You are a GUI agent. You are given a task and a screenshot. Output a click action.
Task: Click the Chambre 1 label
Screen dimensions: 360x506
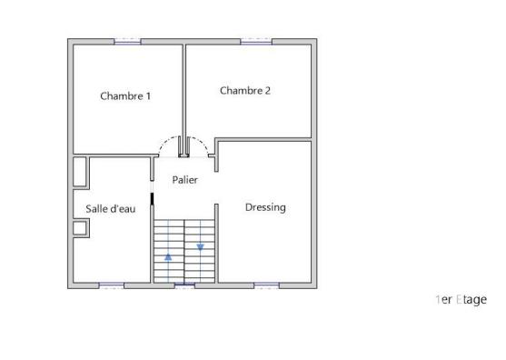[125, 95]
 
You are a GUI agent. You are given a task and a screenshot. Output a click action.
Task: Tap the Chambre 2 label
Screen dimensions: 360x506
[245, 90]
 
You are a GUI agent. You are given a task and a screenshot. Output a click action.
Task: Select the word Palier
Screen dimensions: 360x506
[185, 180]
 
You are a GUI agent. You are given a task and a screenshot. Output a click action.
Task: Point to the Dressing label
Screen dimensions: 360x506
[265, 207]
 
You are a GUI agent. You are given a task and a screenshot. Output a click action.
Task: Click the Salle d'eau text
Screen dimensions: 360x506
[111, 209]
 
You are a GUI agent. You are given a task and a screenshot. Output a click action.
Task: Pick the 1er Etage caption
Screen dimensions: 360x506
[461, 299]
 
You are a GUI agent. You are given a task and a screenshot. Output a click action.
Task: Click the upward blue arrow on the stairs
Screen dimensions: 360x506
[168, 256]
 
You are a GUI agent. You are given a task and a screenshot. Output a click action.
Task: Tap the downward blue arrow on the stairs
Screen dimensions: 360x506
[200, 246]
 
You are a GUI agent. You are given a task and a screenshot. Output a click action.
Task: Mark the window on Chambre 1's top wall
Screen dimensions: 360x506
[127, 41]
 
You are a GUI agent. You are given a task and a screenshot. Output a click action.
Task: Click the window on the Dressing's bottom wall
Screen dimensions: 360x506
[265, 286]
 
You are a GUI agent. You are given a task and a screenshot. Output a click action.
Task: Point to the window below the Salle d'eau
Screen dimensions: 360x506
[111, 286]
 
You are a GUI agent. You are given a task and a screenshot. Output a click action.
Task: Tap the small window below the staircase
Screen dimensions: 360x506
[184, 286]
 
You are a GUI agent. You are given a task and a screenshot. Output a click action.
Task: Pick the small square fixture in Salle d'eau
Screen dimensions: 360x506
[80, 227]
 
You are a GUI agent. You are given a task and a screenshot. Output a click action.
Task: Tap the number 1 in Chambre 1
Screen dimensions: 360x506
[147, 95]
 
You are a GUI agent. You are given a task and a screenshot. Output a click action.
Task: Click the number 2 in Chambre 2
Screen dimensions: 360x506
[268, 90]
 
